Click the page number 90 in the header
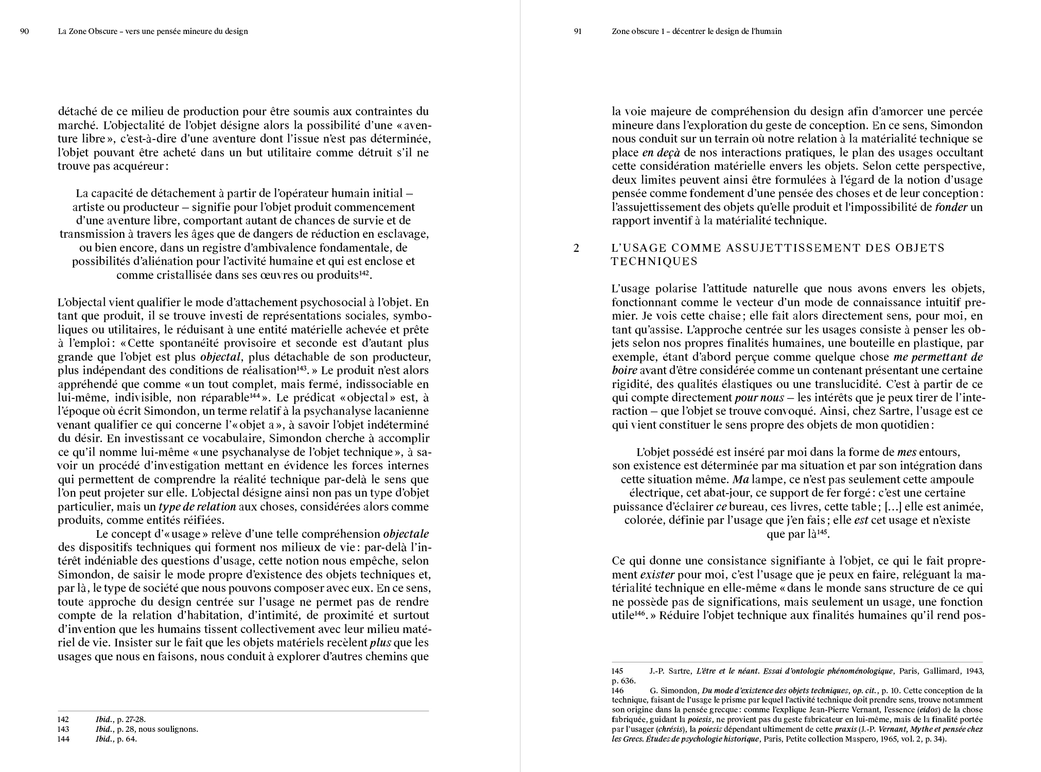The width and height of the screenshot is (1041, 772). point(24,31)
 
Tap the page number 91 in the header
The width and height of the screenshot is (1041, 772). point(577,31)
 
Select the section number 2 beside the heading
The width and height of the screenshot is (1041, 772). point(577,248)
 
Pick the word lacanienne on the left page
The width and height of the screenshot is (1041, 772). point(402,411)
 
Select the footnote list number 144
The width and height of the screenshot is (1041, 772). point(62,739)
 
